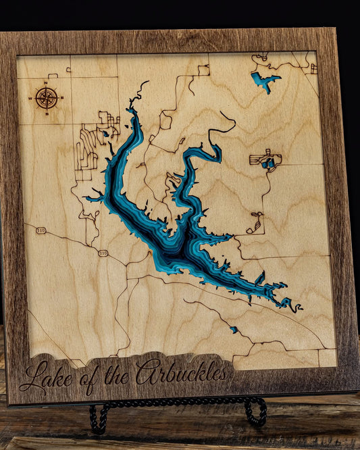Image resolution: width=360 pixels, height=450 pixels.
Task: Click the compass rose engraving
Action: click(47, 98)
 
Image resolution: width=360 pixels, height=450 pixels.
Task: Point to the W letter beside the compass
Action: click(31, 99)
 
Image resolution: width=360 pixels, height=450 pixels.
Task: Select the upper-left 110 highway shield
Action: click(41, 230)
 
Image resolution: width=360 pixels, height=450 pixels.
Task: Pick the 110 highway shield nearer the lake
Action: click(103, 253)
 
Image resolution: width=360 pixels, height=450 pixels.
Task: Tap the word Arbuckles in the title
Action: click(182, 373)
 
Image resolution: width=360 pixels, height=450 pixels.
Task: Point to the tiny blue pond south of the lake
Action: click(234, 330)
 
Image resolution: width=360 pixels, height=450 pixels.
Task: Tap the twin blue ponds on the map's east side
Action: click(268, 161)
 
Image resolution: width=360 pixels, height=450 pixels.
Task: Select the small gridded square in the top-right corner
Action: click(313, 68)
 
